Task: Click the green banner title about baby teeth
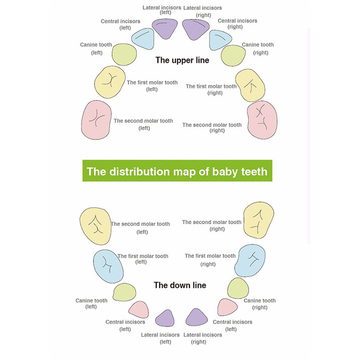coord(177,171)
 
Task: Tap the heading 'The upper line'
coord(182,60)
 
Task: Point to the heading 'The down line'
coord(180,285)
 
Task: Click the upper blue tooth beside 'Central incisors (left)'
coord(143,39)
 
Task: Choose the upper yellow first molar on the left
coord(110,82)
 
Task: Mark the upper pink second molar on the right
coord(262,120)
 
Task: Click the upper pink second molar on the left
coord(96,120)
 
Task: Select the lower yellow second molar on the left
coord(95,226)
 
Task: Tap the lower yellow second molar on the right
coord(258,220)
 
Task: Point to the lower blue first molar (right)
coord(250,261)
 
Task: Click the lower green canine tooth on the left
coord(124,292)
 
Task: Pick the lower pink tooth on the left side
coord(139,310)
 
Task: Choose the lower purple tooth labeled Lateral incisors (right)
coord(197,318)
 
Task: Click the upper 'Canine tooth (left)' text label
coord(96,49)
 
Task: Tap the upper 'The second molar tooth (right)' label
coord(212,128)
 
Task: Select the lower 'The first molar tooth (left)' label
coord(143,259)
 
